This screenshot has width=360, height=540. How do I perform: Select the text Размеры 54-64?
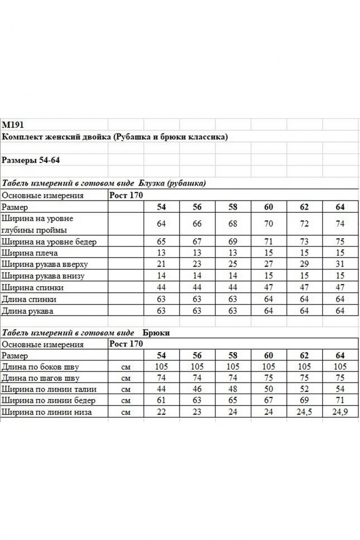pyautogui.click(x=33, y=160)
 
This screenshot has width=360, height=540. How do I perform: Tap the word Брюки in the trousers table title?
pyautogui.click(x=156, y=333)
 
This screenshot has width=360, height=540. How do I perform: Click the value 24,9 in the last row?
pyautogui.click(x=340, y=412)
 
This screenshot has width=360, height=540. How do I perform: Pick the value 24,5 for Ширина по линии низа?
pyautogui.click(x=304, y=412)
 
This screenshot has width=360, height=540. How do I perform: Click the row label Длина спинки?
pyautogui.click(x=29, y=299)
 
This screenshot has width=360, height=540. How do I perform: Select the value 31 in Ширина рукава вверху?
pyautogui.click(x=340, y=264)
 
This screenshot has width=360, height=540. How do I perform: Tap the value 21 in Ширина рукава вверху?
pyautogui.click(x=161, y=264)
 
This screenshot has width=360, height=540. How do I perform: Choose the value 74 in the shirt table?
pyautogui.click(x=340, y=224)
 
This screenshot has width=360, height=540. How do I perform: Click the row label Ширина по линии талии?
pyautogui.click(x=49, y=389)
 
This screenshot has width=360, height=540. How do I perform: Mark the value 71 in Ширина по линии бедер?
pyautogui.click(x=340, y=400)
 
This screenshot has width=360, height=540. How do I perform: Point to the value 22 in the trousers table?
pyautogui.click(x=161, y=412)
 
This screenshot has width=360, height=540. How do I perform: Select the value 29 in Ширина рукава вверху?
pyautogui.click(x=304, y=264)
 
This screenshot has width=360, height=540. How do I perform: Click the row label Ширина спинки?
pyautogui.click(x=33, y=288)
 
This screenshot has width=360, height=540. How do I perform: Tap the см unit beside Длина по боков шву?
pyautogui.click(x=126, y=367)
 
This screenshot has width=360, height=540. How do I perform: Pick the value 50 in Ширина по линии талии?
pyautogui.click(x=269, y=389)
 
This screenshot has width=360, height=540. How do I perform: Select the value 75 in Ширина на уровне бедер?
pyautogui.click(x=340, y=242)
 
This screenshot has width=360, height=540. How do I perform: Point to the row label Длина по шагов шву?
pyautogui.click(x=40, y=378)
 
